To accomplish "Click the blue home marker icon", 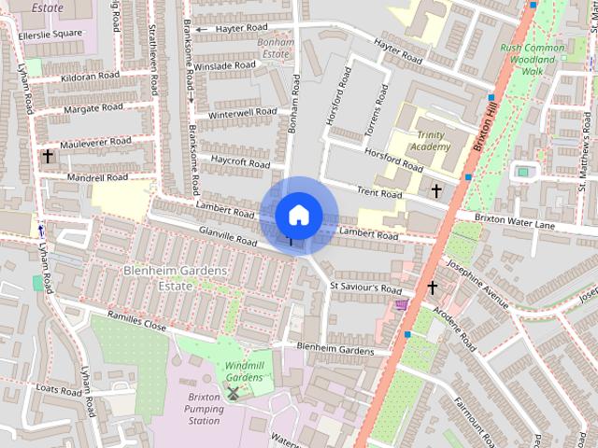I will (297, 215).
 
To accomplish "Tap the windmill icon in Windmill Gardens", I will (234, 393).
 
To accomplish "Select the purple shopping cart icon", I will (401, 305).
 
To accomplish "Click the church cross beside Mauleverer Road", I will (47, 156).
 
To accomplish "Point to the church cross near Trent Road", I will (435, 190).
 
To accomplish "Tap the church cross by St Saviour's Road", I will (432, 287).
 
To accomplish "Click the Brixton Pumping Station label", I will (197, 408).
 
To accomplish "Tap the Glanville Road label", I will (226, 235).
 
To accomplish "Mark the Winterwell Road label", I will (242, 114).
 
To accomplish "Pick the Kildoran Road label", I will (90, 76).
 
